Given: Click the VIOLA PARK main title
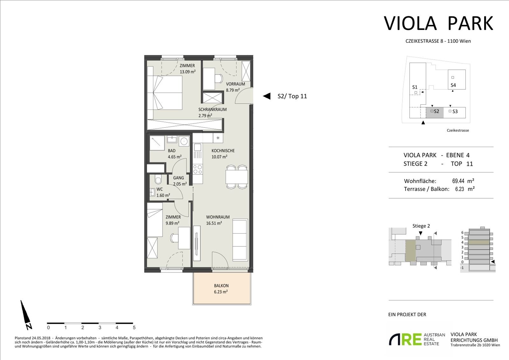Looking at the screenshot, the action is pos(438,23).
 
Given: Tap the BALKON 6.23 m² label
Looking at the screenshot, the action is pos(221,289).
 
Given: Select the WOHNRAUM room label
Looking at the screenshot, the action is pos(218,217).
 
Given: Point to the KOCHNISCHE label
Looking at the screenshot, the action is pos(223,151).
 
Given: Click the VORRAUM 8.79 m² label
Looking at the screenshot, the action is pos(235,87).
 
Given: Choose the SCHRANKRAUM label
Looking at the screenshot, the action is pos(213,109).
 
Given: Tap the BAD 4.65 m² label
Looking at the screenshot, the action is pos(175,153).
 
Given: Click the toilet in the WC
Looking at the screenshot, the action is pos(158,180).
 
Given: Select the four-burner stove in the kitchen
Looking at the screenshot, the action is pos(198,169).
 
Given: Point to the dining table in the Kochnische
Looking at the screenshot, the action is pos(237,177).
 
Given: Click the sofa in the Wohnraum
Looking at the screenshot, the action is pos(240,240).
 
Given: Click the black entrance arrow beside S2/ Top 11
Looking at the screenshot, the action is pos(267,96).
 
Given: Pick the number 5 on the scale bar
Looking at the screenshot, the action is pos(134,328).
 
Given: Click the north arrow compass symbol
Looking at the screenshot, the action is pos(26,315).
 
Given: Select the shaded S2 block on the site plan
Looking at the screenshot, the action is pos(435,112).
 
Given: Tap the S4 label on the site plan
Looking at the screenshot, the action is pos(453,85).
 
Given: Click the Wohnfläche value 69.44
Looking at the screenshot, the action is pos(458,181).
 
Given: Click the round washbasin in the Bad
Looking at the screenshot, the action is pos(184,141).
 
